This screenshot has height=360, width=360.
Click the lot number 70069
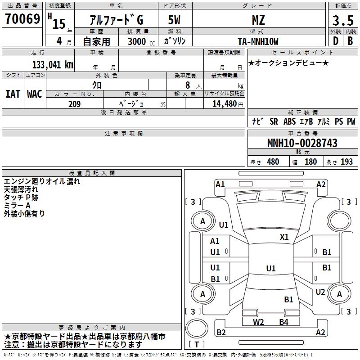22,19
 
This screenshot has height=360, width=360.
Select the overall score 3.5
343,20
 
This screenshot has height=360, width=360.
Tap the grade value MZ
258,20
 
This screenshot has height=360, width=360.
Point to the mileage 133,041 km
53,65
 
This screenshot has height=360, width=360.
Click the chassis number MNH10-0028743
302,143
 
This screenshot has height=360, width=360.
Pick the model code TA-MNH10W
258,41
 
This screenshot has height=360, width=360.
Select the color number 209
74,104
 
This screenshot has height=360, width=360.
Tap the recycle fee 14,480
225,104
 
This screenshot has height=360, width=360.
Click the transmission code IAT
13,94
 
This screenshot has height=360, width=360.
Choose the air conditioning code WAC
35,94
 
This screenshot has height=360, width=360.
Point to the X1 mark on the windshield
284,237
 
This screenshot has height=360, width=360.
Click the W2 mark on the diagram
258,322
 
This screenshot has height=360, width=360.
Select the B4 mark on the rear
283,322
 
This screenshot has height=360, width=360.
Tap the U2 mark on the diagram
320,292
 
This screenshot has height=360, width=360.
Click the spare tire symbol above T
197,328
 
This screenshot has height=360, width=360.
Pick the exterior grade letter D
336,41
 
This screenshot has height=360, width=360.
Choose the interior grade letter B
350,41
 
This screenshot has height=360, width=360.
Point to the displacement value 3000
137,41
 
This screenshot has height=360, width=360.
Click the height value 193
346,162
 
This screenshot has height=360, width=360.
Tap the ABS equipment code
289,121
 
